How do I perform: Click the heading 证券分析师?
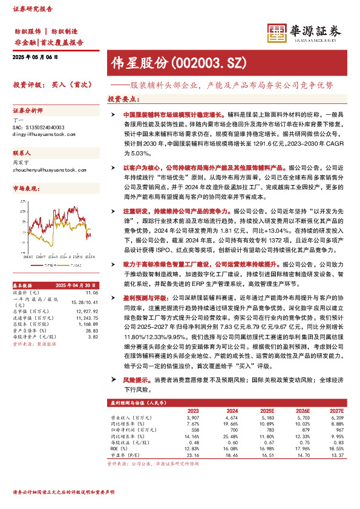[x=28, y=111]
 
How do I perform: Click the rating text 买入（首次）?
[x=71, y=85]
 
